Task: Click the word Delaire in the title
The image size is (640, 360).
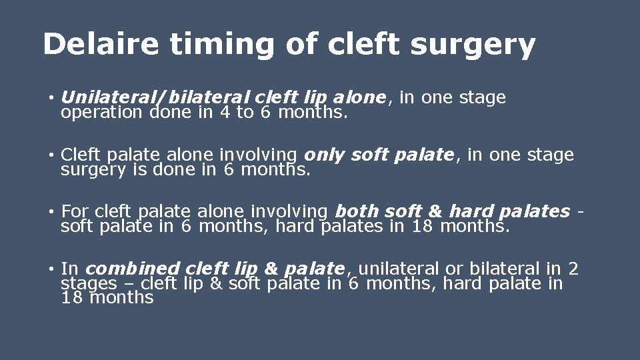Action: (101, 45)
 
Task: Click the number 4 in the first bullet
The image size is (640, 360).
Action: (224, 112)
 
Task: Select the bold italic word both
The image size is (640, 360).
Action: (358, 212)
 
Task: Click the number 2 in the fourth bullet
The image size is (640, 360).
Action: (573, 269)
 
